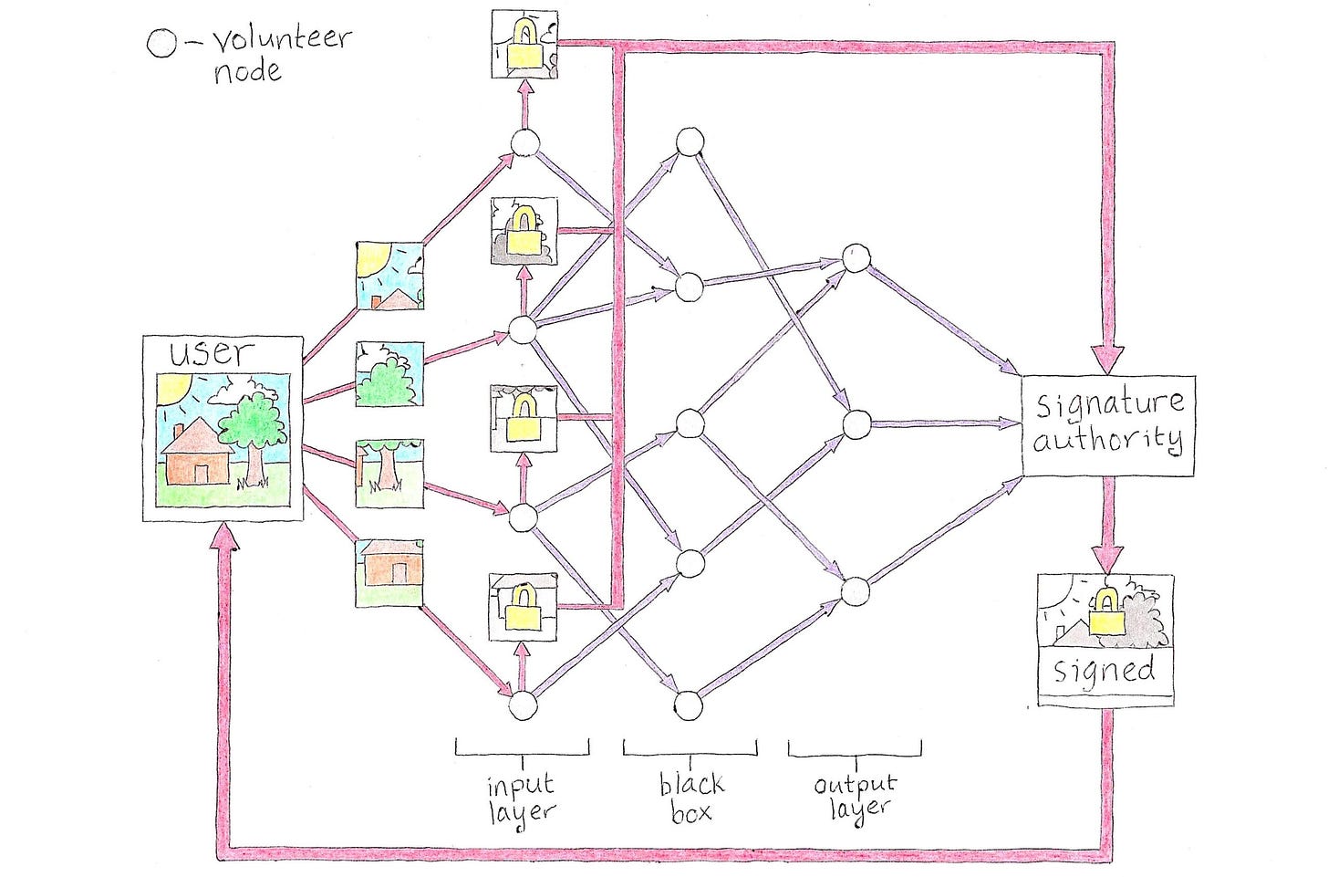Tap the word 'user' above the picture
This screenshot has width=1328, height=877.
212,353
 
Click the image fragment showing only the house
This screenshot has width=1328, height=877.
389,572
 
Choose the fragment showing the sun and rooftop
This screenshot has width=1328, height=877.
389,276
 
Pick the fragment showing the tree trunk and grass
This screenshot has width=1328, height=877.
389,473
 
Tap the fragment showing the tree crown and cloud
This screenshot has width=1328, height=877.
389,374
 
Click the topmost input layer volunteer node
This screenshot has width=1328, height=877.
525,143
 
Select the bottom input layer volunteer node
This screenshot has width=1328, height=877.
524,705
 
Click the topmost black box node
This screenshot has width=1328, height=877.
690,143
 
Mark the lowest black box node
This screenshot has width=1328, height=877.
689,705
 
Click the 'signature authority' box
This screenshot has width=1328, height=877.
1107,424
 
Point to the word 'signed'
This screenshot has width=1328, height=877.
1104,671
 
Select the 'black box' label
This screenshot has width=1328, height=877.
691,798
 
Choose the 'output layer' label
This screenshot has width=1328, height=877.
856,796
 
